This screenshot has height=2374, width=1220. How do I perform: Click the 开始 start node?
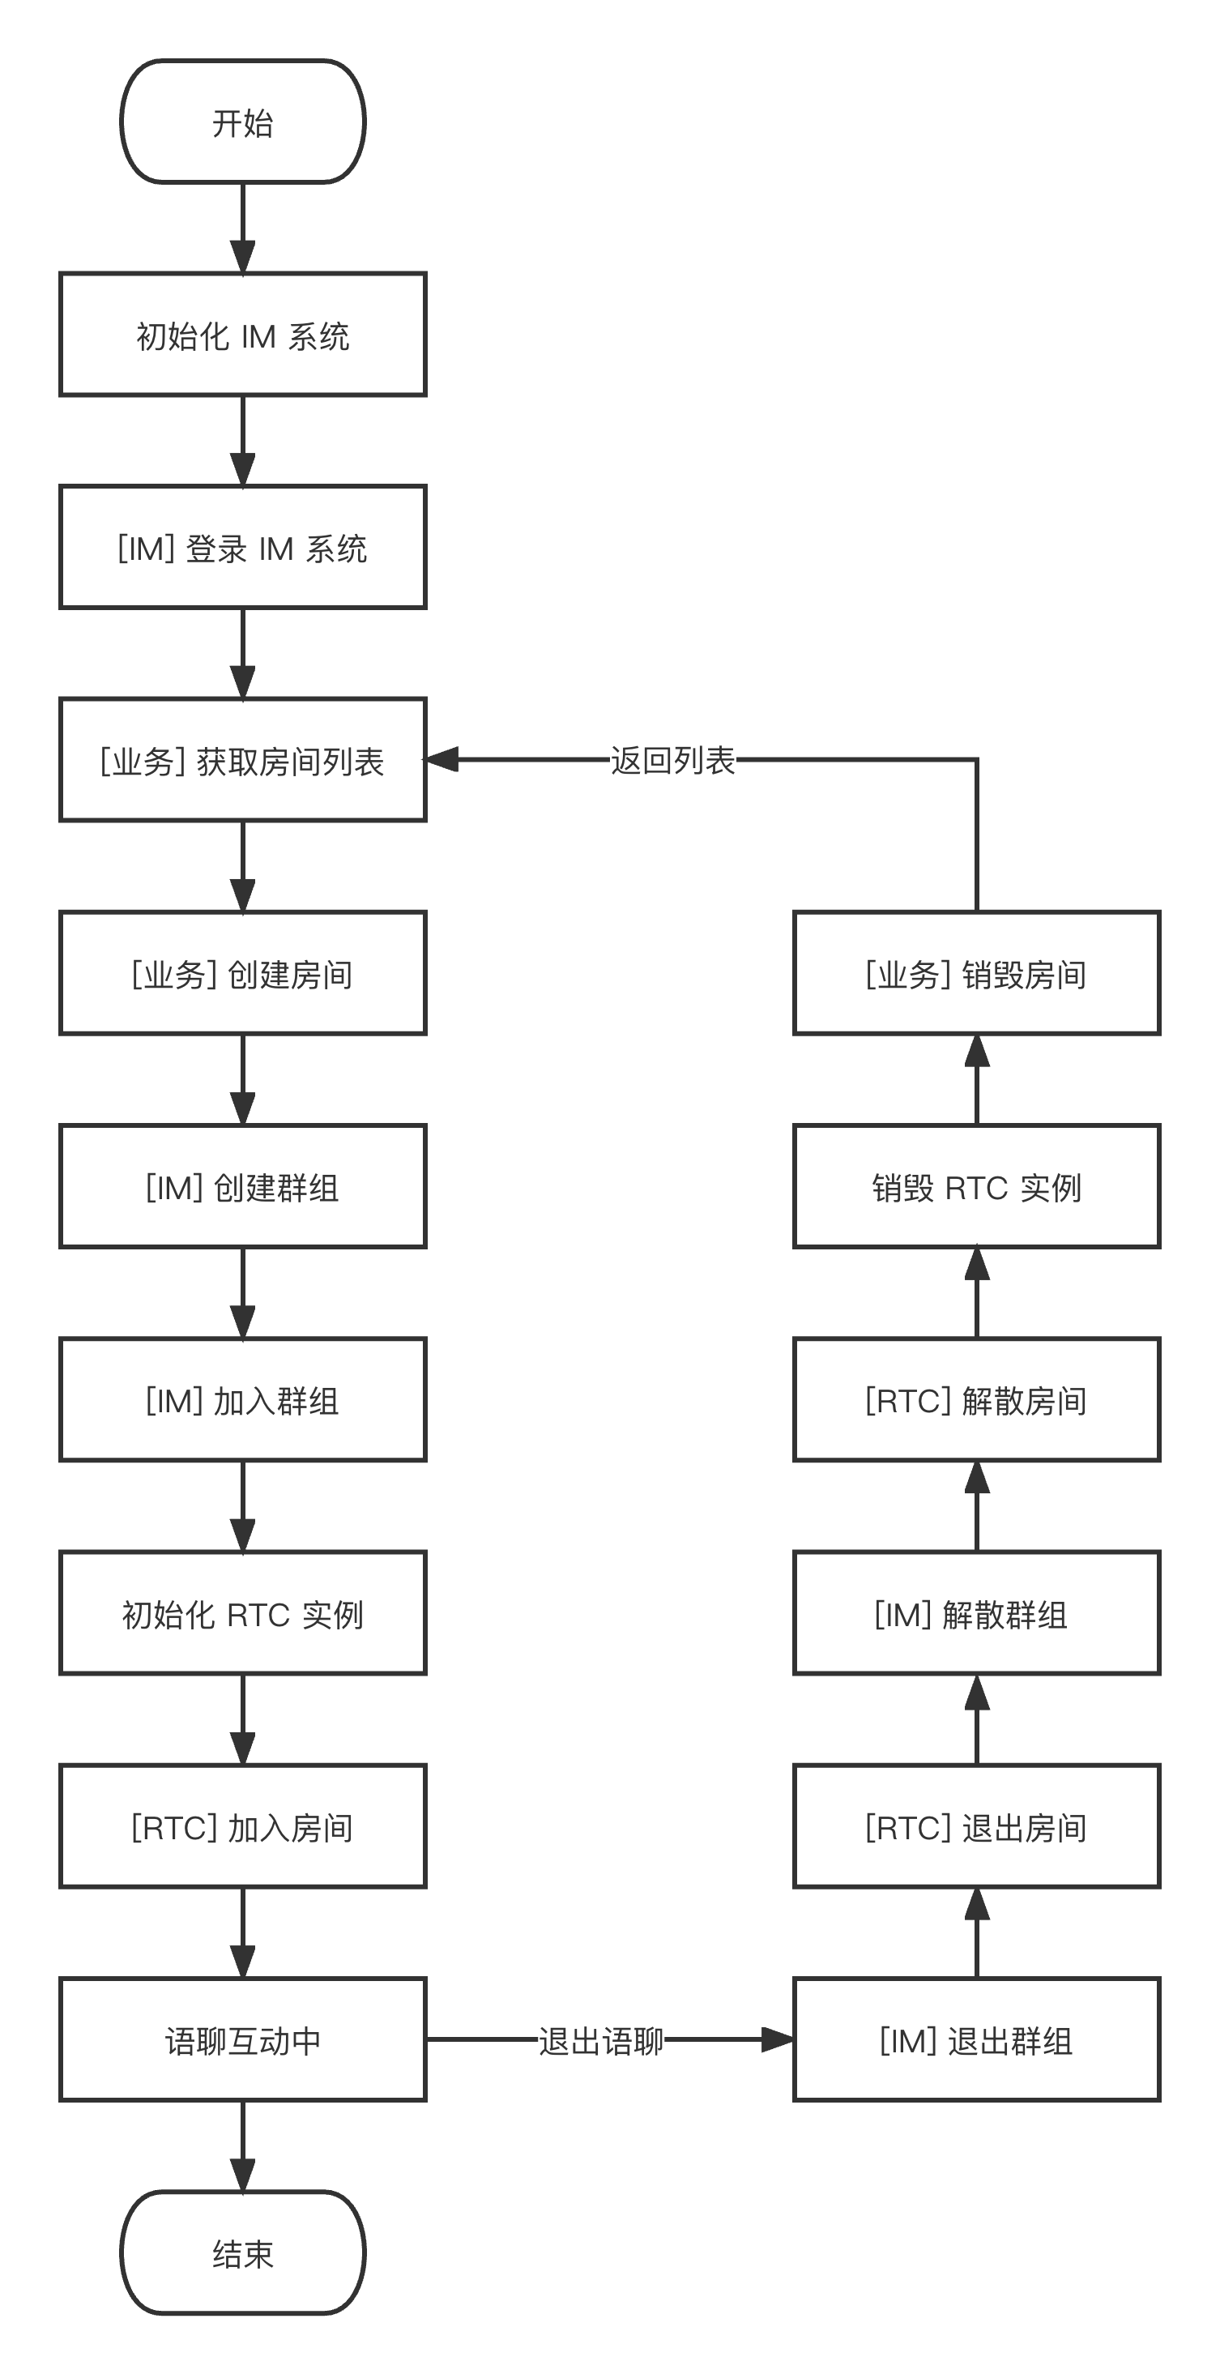click(242, 122)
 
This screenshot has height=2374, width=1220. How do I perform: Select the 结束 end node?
click(242, 2252)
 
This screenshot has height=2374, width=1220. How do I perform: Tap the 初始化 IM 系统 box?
click(242, 335)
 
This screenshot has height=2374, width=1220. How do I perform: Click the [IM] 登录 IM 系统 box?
click(242, 548)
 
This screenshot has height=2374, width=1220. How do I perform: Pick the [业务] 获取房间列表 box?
click(242, 760)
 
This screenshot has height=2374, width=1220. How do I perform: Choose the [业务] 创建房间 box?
click(242, 973)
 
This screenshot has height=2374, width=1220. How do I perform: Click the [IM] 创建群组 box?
click(242, 1186)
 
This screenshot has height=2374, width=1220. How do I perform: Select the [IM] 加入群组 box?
click(242, 1400)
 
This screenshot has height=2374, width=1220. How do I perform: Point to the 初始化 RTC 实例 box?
click(242, 1612)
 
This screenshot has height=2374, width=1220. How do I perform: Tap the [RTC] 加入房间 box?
click(242, 1825)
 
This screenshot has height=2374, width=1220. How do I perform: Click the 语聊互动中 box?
click(242, 2039)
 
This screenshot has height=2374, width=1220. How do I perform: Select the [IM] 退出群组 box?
click(976, 2039)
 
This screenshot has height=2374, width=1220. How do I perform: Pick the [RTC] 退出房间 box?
click(976, 1825)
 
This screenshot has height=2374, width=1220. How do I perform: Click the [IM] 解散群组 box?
click(976, 1612)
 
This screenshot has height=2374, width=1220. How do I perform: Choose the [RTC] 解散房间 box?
click(976, 1400)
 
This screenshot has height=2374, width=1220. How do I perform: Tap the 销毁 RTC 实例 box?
click(976, 1186)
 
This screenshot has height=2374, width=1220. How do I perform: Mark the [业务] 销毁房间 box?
click(976, 973)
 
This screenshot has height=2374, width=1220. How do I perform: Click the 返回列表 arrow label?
click(672, 759)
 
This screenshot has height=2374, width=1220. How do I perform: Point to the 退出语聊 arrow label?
click(601, 2040)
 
